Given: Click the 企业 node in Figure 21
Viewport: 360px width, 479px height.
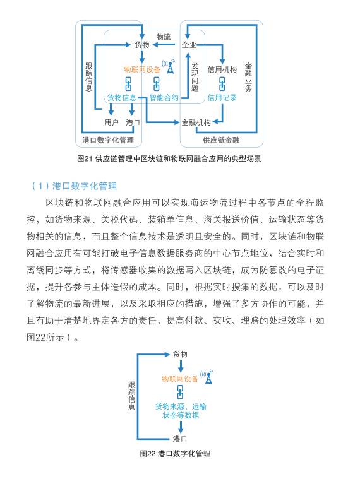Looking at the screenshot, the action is [x=189, y=45].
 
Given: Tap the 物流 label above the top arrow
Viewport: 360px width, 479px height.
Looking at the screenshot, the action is [x=164, y=37].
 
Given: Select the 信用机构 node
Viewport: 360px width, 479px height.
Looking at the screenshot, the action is [x=222, y=69].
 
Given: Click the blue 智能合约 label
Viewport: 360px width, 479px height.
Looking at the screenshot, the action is [x=164, y=97].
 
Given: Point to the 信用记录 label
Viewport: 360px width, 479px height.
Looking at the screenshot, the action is [x=222, y=97].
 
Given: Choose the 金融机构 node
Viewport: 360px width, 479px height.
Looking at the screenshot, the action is [x=196, y=122].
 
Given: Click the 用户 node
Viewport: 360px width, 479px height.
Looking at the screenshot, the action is [x=111, y=122].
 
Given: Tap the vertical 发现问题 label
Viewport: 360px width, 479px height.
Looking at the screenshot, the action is [x=195, y=76].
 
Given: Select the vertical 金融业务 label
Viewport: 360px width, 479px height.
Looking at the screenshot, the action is [x=248, y=77].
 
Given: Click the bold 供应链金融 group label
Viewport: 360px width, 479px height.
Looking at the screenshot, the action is [x=221, y=140].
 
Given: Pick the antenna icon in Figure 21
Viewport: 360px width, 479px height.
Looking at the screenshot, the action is [x=169, y=66].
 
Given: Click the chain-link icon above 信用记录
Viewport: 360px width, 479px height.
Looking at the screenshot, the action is [x=222, y=83].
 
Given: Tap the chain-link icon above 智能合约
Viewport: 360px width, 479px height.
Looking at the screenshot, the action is [x=157, y=83].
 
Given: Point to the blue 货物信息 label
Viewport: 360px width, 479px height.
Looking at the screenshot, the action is [x=122, y=97].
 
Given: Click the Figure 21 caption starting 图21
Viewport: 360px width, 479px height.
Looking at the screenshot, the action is [x=169, y=158].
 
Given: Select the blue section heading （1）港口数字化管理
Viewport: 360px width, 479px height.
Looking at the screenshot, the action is [x=75, y=186].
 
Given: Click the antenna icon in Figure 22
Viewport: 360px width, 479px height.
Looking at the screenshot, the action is [x=208, y=377].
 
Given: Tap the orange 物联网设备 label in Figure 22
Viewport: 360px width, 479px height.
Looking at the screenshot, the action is [x=180, y=379].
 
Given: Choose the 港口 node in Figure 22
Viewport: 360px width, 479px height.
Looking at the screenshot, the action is [x=180, y=439].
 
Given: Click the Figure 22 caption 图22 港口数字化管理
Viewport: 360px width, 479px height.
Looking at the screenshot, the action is [x=175, y=453].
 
